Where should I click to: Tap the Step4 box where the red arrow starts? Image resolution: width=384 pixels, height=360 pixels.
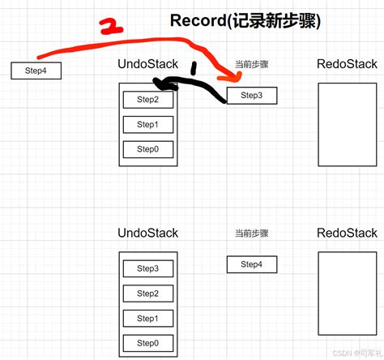tap(36, 71)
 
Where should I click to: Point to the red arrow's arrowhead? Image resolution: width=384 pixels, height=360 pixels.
tap(237, 78)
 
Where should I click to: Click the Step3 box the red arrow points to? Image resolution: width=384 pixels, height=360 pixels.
tap(251, 96)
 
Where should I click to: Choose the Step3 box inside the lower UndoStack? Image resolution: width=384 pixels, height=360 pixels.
tap(147, 268)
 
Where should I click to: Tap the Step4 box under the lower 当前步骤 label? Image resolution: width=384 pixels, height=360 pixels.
tap(251, 264)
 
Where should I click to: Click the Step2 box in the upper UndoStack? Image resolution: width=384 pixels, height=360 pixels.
tap(147, 100)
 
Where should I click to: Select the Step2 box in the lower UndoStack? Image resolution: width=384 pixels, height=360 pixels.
tap(147, 294)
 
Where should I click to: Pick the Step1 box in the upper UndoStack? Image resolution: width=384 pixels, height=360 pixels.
tap(147, 124)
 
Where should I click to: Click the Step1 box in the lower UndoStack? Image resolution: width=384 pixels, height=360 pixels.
tap(147, 319)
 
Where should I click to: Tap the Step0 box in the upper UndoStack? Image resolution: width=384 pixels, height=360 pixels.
tap(147, 149)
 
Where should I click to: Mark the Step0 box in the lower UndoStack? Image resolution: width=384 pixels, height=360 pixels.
tap(147, 343)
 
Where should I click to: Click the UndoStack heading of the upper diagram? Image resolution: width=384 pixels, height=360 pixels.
tap(148, 64)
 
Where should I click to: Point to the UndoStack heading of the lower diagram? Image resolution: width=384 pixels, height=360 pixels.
tap(148, 234)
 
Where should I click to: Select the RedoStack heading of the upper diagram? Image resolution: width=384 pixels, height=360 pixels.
tap(346, 64)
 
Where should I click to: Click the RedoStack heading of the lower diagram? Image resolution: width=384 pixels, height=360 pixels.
tap(346, 234)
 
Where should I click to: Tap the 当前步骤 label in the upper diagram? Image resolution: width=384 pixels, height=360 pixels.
tap(251, 64)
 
